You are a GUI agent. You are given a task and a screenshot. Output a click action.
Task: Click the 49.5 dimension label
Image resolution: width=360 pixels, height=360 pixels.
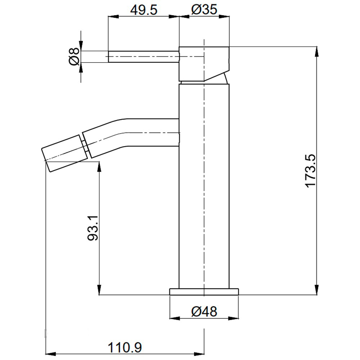click(144, 10)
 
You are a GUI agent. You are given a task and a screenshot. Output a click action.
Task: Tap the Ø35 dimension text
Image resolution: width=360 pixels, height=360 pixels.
click(204, 10)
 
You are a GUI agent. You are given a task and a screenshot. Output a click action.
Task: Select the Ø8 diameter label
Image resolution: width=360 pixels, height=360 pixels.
click(74, 57)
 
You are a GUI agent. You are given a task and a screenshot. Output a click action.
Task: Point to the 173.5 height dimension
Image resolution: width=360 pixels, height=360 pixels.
click(310, 171)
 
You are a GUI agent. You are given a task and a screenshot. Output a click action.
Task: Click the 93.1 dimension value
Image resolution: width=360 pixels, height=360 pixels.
click(93, 228)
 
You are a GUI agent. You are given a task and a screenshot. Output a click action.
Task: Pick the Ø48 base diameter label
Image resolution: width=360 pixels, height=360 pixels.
click(204, 311)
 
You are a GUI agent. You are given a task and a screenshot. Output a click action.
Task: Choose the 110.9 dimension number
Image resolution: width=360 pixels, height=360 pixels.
click(125, 348)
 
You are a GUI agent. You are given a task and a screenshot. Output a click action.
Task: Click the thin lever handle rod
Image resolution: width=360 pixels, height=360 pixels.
click(144, 57)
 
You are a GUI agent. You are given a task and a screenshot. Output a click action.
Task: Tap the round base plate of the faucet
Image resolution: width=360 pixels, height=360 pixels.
click(204, 292)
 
